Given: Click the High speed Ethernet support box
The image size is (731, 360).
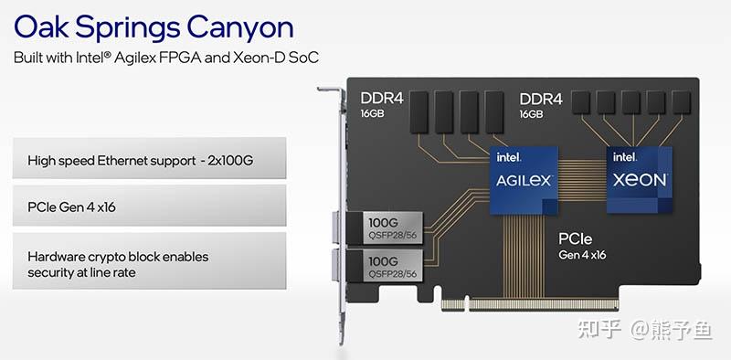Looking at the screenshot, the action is [150, 161].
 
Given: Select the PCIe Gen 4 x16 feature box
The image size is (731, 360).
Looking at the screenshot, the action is [150, 206].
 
